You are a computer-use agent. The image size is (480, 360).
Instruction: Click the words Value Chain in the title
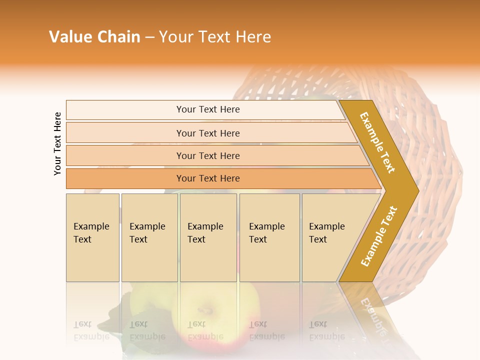(94, 37)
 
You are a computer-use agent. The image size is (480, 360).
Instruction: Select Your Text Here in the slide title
(215, 37)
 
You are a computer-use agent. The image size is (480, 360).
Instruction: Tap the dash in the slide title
(149, 37)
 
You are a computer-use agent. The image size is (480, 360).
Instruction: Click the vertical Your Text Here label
(57, 143)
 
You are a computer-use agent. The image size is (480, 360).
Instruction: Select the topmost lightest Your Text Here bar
(207, 109)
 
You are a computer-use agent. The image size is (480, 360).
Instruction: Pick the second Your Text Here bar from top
(207, 133)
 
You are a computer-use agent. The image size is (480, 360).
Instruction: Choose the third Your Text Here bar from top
(207, 155)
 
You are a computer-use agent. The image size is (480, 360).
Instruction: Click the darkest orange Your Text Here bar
(207, 178)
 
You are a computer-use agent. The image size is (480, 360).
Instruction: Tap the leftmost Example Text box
(92, 237)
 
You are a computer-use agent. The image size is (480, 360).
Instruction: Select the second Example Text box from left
(149, 237)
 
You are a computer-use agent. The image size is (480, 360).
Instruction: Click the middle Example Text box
(208, 237)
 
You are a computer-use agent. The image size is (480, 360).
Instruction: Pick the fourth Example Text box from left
(269, 237)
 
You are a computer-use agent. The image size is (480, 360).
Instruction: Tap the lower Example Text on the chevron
(378, 236)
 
